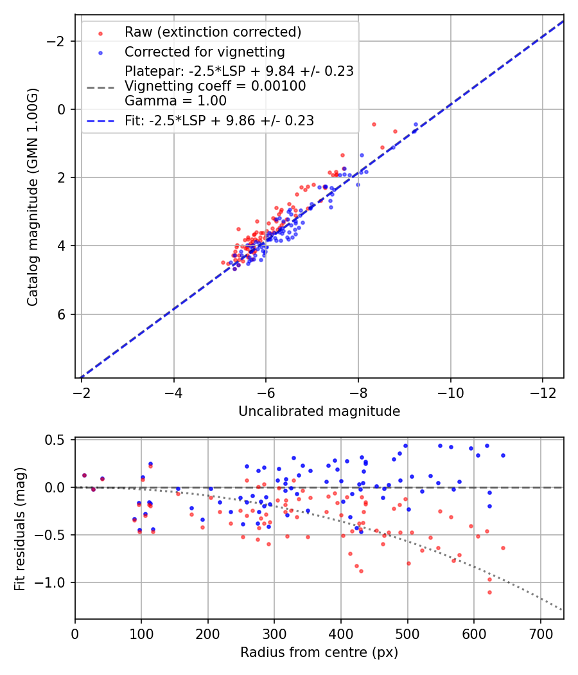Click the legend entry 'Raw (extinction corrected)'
(213, 32)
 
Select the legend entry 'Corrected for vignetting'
(204, 51)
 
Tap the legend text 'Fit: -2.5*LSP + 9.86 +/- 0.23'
(219, 120)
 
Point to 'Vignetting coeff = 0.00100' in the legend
(215, 85)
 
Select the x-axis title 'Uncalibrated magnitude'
(319, 411)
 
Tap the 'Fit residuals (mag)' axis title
(19, 528)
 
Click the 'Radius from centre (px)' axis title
(319, 652)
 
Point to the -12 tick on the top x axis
(543, 393)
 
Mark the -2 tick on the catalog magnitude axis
(58, 41)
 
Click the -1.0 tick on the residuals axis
(55, 582)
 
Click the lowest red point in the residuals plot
(489, 592)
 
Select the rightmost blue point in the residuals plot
(503, 455)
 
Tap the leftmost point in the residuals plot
(84, 475)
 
